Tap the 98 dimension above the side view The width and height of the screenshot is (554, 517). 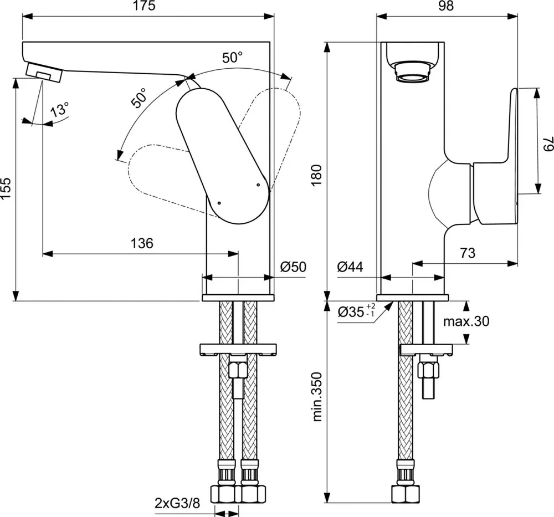pos(446,6)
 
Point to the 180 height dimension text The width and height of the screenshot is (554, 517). pos(316,175)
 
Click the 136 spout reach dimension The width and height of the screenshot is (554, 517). pos(142,243)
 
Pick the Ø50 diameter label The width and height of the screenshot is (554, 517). pos(293,267)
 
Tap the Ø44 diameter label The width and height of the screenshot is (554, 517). pos(350,267)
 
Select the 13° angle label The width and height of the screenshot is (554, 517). pos(60,109)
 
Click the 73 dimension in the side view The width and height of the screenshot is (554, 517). pos(468,253)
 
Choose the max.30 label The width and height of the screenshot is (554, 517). pos(466,321)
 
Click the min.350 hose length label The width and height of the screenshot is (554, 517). pos(317,397)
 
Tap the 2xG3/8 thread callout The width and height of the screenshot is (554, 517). pos(177,503)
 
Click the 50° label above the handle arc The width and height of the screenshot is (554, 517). pos(232,58)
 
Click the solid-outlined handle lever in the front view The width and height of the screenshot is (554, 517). pos(223,156)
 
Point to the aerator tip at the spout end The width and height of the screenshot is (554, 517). pos(44,72)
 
